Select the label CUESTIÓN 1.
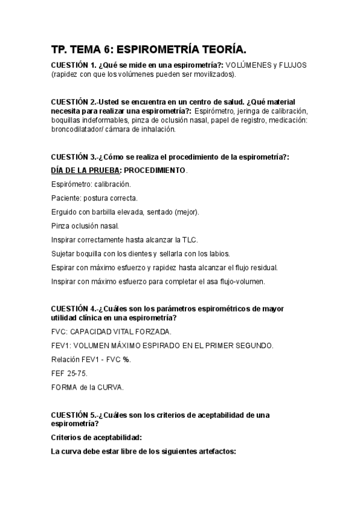[73, 65]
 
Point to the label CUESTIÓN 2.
[73, 103]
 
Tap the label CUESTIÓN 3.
[73, 157]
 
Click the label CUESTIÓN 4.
[73, 309]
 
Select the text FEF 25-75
[70, 373]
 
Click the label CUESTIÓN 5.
[73, 415]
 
